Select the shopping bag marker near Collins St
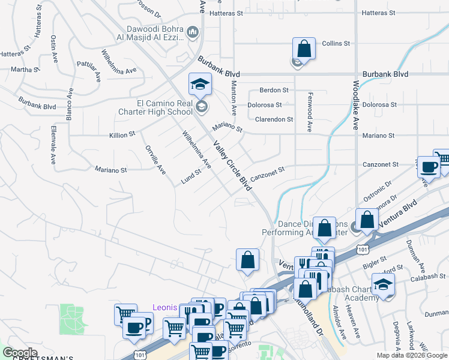click(x=304, y=49)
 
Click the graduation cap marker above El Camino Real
click(x=200, y=84)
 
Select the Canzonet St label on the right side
click(x=381, y=164)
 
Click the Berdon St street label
click(x=274, y=90)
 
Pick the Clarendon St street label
click(x=274, y=119)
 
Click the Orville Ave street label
click(x=155, y=160)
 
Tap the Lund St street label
click(x=191, y=178)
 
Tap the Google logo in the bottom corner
click(x=20, y=352)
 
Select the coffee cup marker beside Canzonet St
click(x=429, y=167)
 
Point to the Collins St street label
click(x=336, y=44)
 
